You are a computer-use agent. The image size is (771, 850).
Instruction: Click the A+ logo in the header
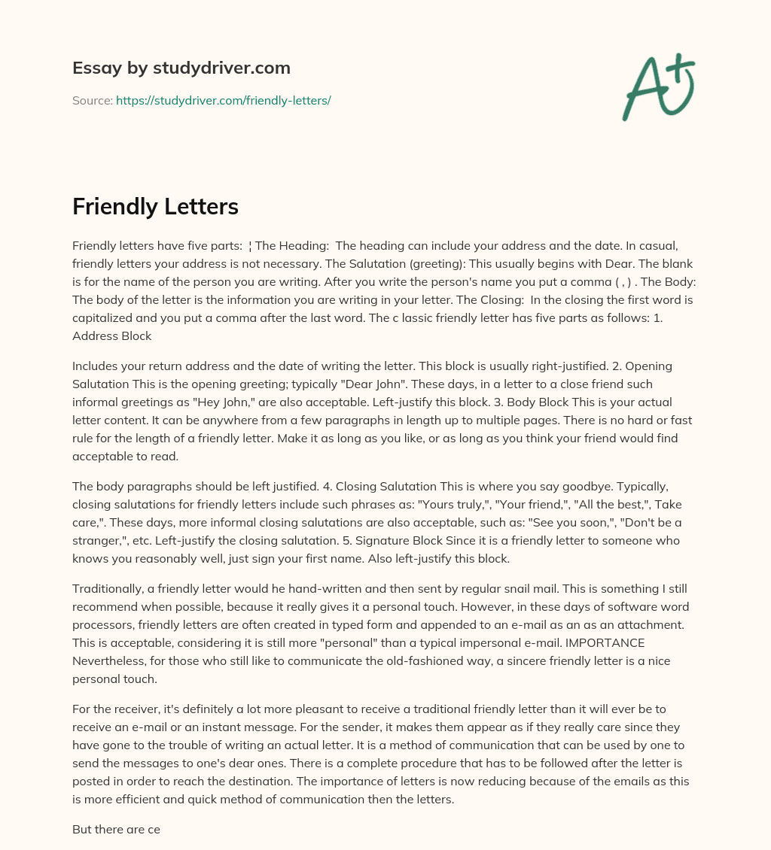pos(658,87)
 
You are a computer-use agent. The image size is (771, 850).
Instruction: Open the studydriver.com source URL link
pos(223,100)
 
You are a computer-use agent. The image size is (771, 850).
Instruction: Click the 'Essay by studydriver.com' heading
pos(181,68)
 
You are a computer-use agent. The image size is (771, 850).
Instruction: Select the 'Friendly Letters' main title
pos(154,207)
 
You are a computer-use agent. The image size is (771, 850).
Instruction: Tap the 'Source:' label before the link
pos(92,100)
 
